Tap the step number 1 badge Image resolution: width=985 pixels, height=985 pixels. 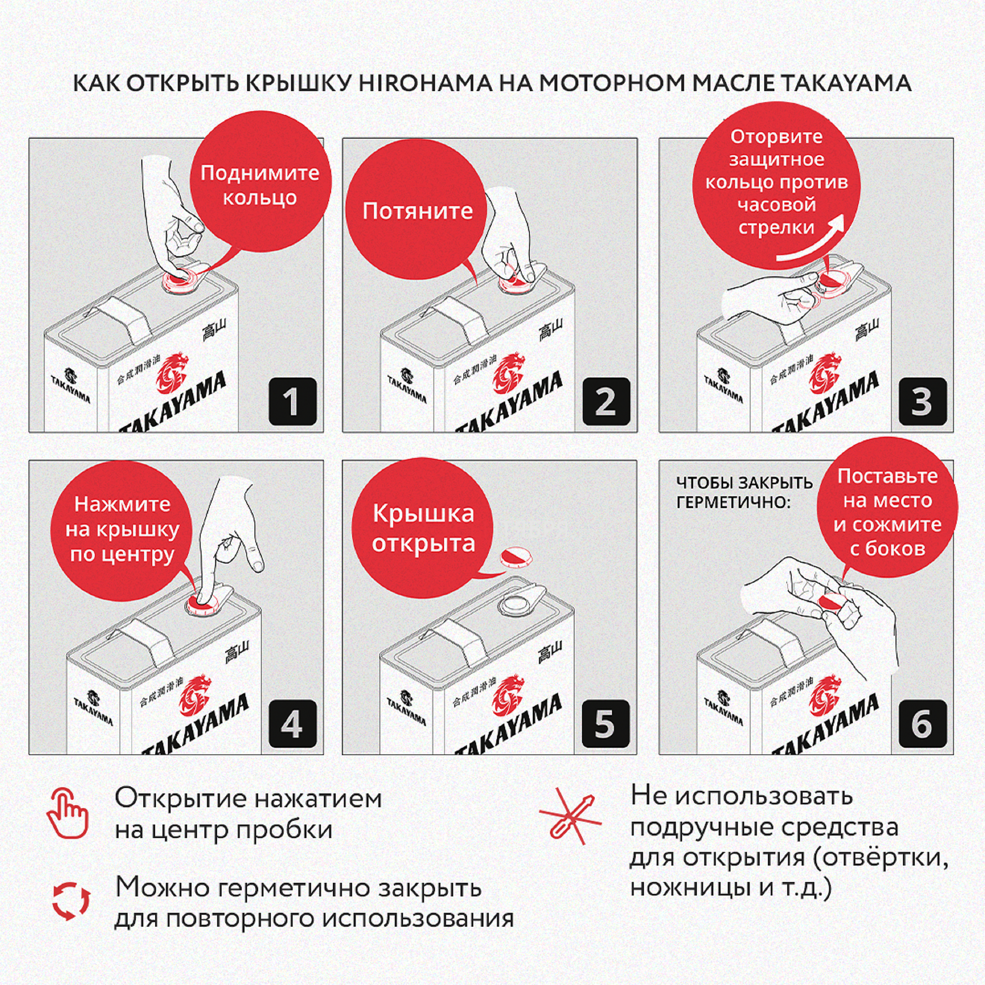[x=292, y=401]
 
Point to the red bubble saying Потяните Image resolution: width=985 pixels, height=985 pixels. [x=417, y=211]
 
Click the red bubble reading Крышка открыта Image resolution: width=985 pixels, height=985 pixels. [x=423, y=529]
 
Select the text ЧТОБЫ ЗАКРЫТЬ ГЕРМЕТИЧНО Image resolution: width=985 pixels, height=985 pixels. [x=744, y=492]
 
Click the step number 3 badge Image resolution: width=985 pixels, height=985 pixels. [x=922, y=401]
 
